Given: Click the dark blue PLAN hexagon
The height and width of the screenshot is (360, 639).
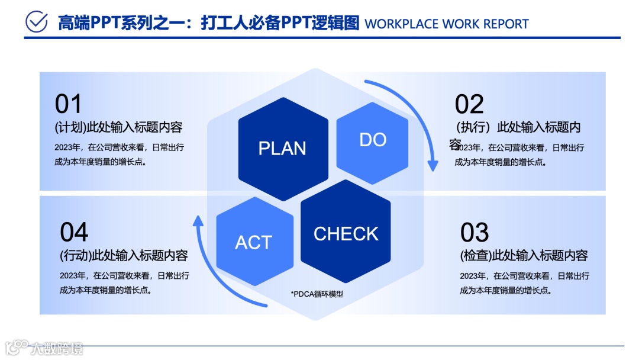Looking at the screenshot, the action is coord(283,148).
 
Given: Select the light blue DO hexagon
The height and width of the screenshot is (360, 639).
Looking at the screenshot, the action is coord(372,140).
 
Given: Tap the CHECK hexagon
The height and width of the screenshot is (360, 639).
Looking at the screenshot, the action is coord(346,233).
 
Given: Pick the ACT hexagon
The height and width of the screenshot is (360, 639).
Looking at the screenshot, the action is coord(254,242).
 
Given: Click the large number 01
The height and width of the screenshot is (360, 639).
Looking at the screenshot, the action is coord(68,104).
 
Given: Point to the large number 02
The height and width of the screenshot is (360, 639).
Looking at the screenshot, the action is coord(469,104).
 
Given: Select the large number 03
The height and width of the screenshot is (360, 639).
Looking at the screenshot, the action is coord(475,233).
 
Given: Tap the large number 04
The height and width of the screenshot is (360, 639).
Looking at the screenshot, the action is coord(74,232).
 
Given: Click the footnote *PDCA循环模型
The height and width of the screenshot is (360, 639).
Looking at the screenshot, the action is coord(317,294).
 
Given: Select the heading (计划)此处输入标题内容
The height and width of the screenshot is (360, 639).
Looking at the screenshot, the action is coord(118,127).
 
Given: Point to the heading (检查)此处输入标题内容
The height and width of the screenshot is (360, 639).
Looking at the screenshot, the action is coord(524,256).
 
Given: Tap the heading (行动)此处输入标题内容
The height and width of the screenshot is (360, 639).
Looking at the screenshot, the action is coord(124,256).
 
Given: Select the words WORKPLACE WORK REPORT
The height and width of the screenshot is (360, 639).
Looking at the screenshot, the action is coord(447,24).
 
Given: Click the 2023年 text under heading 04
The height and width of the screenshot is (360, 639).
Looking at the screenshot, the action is coord(72,275).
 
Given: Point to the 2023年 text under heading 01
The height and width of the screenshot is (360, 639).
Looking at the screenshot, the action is coord(66,147).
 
